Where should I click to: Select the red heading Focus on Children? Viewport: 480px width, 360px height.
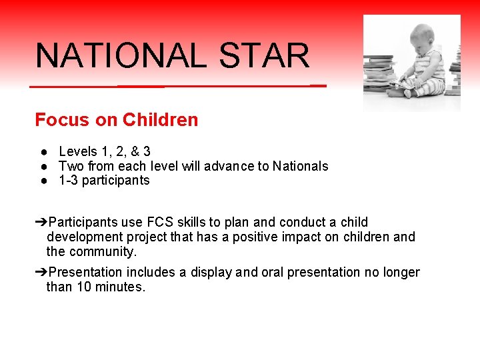point(116,120)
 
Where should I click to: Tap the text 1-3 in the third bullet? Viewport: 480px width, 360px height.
point(67,181)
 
